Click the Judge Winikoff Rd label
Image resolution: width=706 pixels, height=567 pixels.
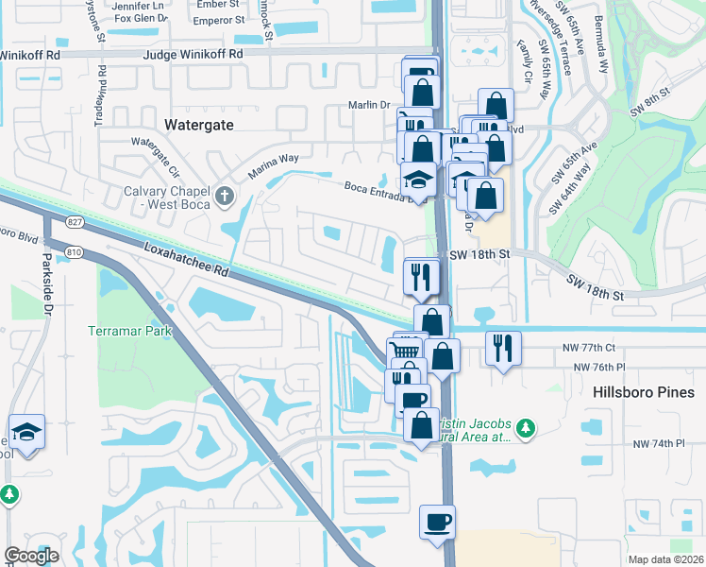(x=193, y=55)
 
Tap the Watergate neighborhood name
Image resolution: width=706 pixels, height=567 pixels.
(x=198, y=124)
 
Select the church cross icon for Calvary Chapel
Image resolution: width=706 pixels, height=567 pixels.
(x=224, y=197)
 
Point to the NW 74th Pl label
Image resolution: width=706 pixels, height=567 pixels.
(x=658, y=443)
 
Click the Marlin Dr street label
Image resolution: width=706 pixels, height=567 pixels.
(x=369, y=105)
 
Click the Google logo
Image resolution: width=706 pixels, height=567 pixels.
(x=31, y=556)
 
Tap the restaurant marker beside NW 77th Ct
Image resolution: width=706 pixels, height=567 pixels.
(x=502, y=349)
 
